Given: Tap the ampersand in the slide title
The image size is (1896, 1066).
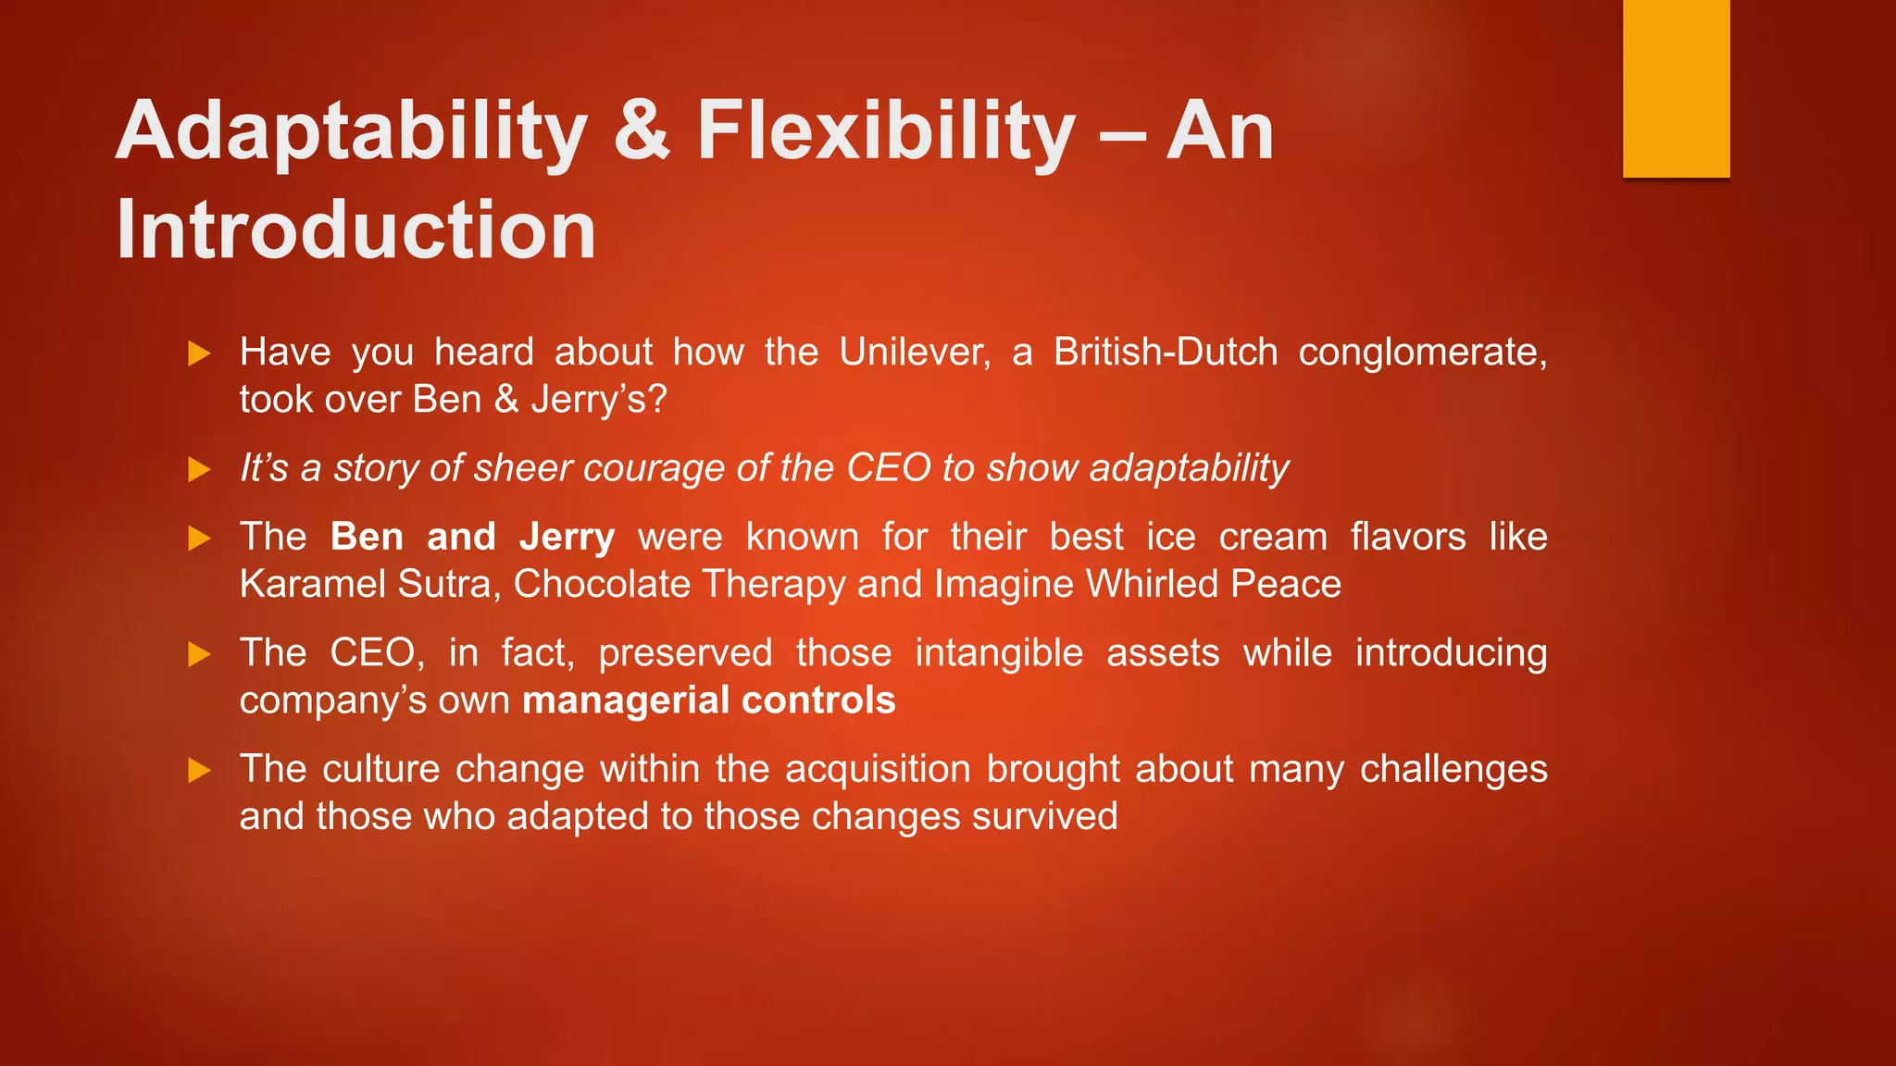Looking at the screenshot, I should (x=641, y=130).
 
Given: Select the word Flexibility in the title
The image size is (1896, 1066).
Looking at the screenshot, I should (x=886, y=132).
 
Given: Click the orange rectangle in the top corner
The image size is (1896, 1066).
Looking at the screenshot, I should (x=1676, y=88).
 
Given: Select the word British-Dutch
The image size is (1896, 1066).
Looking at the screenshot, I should (x=1165, y=353).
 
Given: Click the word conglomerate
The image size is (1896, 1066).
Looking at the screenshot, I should (x=1422, y=353).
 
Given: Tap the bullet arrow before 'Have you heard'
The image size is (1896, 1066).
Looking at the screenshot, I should (x=199, y=353).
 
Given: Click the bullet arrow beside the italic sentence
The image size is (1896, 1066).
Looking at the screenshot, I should (x=199, y=469).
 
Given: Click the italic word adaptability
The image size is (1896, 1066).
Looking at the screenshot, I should (x=1189, y=468).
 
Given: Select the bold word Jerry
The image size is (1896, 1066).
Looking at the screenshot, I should (x=567, y=537).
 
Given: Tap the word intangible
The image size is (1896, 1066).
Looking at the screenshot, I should (x=998, y=653).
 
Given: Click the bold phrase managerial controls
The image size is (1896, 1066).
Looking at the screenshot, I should (x=708, y=700).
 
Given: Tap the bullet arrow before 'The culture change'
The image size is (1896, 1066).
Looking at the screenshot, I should (x=199, y=770).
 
